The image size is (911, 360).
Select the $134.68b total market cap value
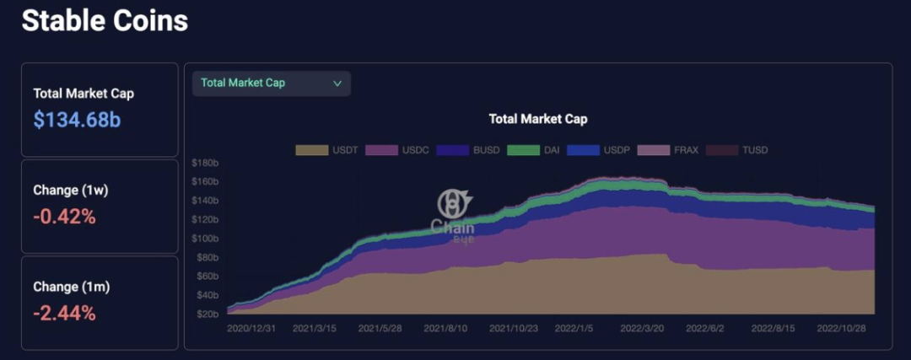[77, 120]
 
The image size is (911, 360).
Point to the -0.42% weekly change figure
[65, 217]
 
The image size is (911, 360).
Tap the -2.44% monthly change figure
[65, 314]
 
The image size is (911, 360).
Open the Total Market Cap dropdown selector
[271, 83]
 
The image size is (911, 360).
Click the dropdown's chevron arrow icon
[337, 83]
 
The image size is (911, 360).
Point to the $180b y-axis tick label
[206, 163]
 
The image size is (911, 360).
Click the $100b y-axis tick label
[206, 239]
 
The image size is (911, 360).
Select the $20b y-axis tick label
[208, 314]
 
